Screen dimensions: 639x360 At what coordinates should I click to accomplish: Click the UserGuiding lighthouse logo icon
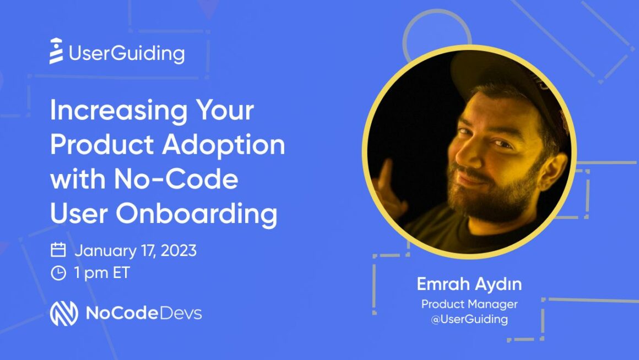point(56,51)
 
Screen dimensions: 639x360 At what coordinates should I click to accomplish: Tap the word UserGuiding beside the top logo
point(127,54)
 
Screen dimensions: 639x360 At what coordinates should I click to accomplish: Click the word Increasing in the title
point(118,111)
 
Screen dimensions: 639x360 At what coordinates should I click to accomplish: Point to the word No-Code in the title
point(176,179)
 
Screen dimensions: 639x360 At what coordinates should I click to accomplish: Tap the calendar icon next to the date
point(58,250)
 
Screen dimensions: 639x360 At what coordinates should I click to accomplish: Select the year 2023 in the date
point(179,250)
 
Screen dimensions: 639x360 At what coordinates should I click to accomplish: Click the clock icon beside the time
point(58,273)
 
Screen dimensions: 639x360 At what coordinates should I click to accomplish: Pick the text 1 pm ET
point(102,273)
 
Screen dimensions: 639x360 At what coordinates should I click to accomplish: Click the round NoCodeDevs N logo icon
point(64,313)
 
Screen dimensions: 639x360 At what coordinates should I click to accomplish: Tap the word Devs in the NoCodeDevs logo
point(180,313)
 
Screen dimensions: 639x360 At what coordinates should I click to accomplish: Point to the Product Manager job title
point(469,304)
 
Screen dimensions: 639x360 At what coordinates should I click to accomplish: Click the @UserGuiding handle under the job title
point(469,319)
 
